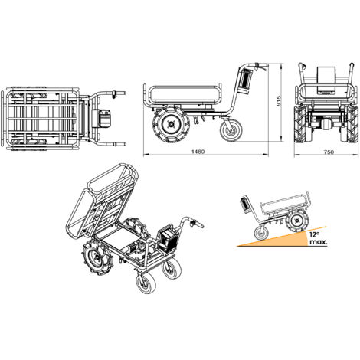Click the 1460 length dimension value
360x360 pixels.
coord(198,152)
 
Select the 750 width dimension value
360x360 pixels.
coord(329,152)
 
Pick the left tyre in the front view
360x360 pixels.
coord(300,124)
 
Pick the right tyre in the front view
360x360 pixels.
coord(352,124)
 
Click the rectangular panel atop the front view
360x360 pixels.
coord(326,79)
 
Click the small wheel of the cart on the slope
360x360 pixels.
coord(261,233)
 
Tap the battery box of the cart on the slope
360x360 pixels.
coord(245,204)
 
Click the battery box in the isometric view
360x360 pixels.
coord(167,239)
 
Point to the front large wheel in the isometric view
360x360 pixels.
coord(97,259)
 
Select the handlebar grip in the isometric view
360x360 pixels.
coord(198,225)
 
